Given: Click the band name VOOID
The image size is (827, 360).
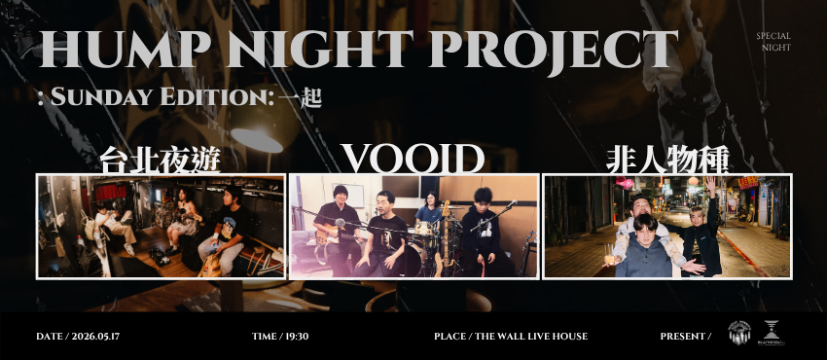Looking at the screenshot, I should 413,159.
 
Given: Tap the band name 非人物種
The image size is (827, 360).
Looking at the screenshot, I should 666,160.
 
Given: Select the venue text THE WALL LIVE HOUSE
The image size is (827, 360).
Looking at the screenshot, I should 529,337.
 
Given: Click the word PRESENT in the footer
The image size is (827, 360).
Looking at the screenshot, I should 682,337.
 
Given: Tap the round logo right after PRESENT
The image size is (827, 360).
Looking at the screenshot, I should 739,333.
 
